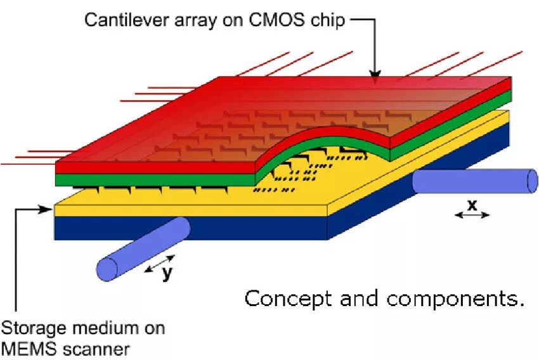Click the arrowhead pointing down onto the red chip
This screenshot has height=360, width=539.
click(x=375, y=77)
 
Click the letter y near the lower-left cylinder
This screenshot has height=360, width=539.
click(x=166, y=273)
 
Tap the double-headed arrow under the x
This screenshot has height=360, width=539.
click(x=472, y=215)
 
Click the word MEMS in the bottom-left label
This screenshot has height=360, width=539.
click(x=23, y=348)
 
